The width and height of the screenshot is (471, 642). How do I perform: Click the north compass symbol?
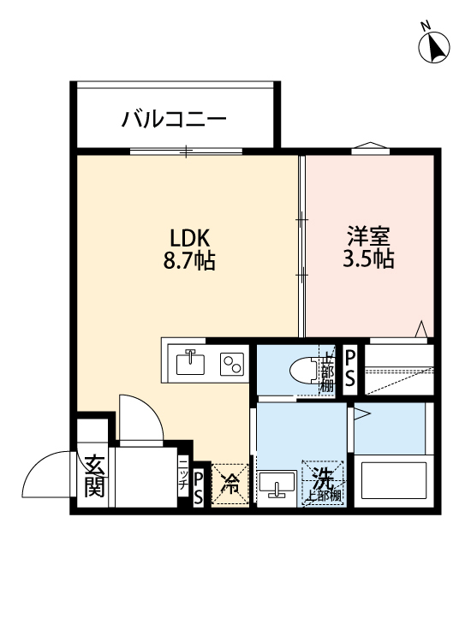click(x=435, y=46)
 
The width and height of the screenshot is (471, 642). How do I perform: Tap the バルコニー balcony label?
click(x=173, y=118)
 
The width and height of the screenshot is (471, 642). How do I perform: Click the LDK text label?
click(x=188, y=236)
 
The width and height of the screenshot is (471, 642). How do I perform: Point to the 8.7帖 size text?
click(x=189, y=260)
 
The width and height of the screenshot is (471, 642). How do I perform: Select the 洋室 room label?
click(x=369, y=235)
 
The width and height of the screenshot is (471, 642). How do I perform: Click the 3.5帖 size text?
click(x=369, y=259)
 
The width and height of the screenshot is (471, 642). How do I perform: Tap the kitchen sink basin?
click(x=191, y=363)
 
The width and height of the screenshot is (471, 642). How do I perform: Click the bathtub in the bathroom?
click(x=395, y=483)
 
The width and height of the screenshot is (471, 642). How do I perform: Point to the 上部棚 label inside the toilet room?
click(x=326, y=372)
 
